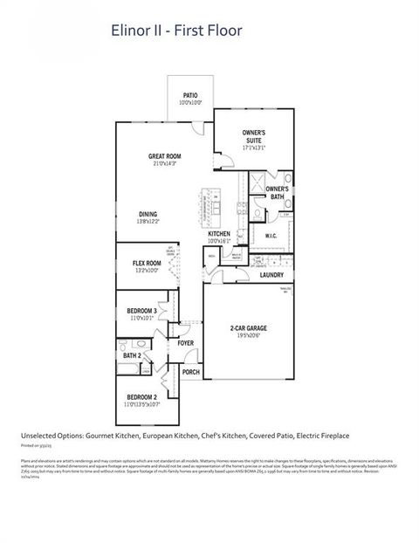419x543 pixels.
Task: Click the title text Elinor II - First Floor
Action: [x=175, y=31]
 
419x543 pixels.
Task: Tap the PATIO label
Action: [x=191, y=95]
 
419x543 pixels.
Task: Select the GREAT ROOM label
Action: [x=164, y=156]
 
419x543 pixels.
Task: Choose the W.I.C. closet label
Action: [x=271, y=236]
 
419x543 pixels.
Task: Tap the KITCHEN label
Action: [x=218, y=235]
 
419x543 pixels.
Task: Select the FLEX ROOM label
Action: [x=147, y=263]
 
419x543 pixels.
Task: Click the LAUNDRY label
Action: [x=271, y=275]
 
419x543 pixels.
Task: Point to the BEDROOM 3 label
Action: [x=142, y=312]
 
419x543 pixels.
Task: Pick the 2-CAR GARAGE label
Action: [x=248, y=328]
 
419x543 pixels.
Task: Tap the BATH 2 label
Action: [x=132, y=355]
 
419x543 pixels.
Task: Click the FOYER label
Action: [x=185, y=343]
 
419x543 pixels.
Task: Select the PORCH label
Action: [x=190, y=372]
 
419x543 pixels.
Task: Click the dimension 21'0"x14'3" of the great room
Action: [x=164, y=163]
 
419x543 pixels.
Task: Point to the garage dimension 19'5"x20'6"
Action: [x=248, y=335]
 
